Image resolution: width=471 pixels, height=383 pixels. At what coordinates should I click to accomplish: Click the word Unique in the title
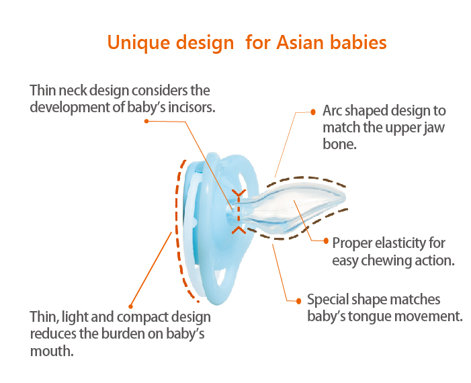[x=140, y=42]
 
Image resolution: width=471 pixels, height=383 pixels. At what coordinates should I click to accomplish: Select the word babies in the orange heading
[x=358, y=42]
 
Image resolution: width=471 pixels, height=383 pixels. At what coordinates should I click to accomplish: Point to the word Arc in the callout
[x=332, y=111]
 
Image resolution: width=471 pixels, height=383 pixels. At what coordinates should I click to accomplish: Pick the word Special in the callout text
[x=327, y=300]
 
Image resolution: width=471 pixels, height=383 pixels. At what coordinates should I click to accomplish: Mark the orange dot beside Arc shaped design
[x=313, y=112]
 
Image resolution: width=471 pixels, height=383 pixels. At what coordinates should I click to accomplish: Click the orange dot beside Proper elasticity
[x=326, y=241]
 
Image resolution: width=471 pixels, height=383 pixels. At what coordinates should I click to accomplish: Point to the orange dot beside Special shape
[x=298, y=301]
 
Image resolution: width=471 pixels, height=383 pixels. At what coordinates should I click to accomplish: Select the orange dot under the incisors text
[x=146, y=121]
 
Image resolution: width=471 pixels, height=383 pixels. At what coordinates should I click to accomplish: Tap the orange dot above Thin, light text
[x=130, y=306]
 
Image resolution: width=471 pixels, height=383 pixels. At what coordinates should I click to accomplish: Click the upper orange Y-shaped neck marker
[x=239, y=193]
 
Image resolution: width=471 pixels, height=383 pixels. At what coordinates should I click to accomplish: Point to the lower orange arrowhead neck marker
[x=239, y=230]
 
